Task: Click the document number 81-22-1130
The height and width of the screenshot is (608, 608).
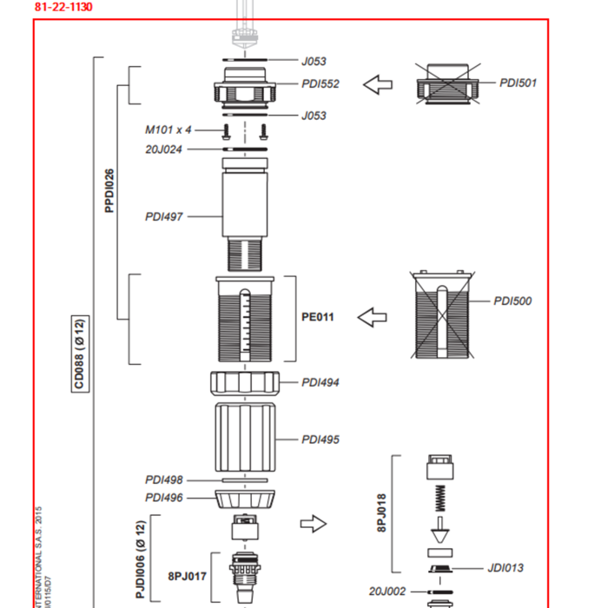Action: (63, 7)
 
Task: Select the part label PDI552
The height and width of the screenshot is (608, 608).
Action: (320, 84)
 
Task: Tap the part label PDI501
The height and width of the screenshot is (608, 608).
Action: (518, 83)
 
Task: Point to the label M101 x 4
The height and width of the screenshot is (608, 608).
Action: (168, 129)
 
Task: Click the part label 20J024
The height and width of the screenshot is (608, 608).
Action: (163, 149)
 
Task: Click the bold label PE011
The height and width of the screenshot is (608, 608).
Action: (317, 317)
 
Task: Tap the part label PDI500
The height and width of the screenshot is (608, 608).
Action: (512, 301)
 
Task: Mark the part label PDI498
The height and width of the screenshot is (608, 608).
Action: (163, 479)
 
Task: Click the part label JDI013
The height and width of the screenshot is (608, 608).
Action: (506, 568)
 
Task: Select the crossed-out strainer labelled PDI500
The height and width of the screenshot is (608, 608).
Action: (443, 314)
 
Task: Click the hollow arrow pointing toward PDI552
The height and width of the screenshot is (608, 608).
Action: (378, 85)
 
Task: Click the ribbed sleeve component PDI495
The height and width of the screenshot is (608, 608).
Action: (246, 438)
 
